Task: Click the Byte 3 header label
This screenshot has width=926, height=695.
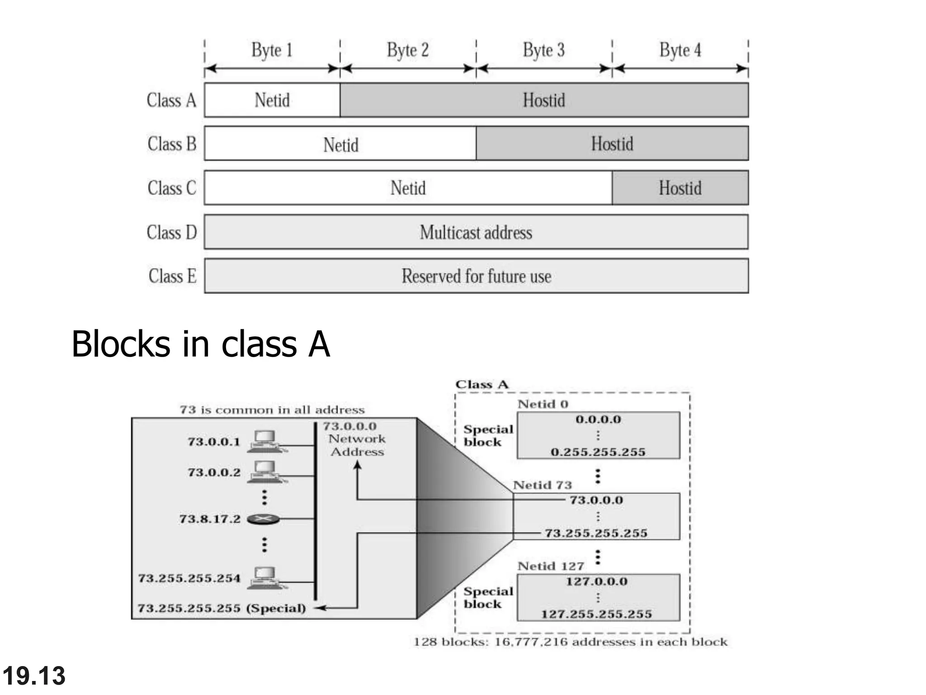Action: click(x=543, y=50)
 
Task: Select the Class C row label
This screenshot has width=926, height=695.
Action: click(x=172, y=188)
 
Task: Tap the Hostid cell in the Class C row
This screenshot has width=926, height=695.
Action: click(x=680, y=188)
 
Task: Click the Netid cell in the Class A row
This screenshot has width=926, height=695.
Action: click(x=272, y=100)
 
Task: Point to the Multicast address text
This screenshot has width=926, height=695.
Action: click(x=476, y=233)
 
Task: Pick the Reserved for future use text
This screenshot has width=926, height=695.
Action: click(x=476, y=276)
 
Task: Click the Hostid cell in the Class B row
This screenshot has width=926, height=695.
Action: click(x=612, y=144)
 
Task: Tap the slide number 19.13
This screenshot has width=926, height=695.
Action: click(x=34, y=676)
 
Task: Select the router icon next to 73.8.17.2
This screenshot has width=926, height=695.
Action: click(x=263, y=519)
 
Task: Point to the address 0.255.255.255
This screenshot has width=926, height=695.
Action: click(x=598, y=452)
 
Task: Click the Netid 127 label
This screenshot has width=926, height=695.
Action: click(x=550, y=566)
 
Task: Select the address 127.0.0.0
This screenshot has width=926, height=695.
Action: click(x=596, y=581)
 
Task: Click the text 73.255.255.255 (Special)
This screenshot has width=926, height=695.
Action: click(x=222, y=608)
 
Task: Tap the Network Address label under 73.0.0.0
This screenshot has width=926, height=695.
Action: click(x=357, y=445)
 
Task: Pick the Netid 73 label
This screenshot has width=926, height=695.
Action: click(x=542, y=485)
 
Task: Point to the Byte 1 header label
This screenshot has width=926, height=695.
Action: click(x=272, y=50)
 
